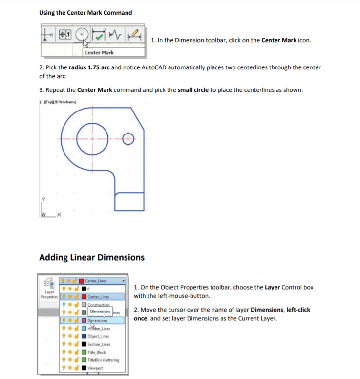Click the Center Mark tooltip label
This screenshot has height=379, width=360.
(99, 53)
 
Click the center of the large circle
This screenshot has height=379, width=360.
(92, 139)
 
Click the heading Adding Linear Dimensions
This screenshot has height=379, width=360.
(91, 257)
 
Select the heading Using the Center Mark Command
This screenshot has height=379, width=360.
(85, 12)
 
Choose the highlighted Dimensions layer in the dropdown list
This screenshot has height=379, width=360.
(98, 320)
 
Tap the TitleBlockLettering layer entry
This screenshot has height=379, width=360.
(103, 360)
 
